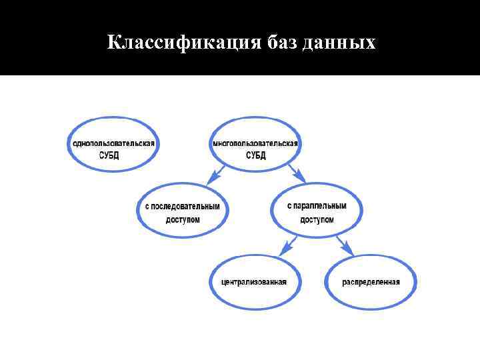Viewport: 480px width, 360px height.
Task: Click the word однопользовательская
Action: (x=114, y=143)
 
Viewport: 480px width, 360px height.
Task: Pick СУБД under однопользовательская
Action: (x=114, y=155)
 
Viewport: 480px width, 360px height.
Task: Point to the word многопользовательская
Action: (x=255, y=143)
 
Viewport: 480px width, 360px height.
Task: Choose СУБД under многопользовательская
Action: (x=255, y=155)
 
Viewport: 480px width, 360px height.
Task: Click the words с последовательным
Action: (x=183, y=206)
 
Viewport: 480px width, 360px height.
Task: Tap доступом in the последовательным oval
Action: (x=183, y=219)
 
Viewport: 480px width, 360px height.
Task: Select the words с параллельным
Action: (x=317, y=206)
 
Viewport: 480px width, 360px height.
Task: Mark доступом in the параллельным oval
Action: (x=317, y=219)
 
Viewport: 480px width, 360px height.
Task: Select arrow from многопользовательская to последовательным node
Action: (x=215, y=175)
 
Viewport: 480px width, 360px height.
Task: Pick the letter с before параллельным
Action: (x=289, y=206)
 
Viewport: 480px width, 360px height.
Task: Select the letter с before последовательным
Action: (x=147, y=206)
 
